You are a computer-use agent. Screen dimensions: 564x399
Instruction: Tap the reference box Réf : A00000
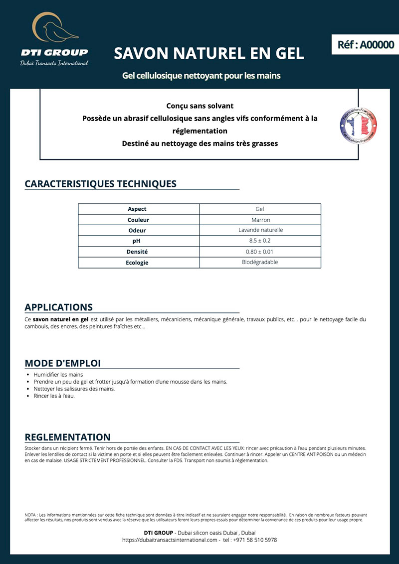[x=366, y=44]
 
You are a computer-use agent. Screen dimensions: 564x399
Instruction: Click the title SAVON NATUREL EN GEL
[x=208, y=53]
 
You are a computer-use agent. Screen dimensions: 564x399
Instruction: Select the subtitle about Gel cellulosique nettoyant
[x=201, y=76]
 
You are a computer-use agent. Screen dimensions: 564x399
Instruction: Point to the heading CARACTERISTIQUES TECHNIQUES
[x=100, y=183]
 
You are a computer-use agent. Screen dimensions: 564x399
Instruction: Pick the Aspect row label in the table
[x=137, y=209]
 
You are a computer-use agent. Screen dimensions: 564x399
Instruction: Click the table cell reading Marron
[x=260, y=220]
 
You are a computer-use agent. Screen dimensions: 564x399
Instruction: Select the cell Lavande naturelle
[x=260, y=230]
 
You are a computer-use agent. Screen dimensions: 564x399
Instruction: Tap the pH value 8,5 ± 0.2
[x=260, y=241]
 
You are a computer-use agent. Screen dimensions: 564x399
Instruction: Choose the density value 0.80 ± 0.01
[x=259, y=252]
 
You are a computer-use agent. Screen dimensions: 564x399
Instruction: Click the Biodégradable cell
[x=260, y=262]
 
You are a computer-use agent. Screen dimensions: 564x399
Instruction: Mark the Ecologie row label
[x=137, y=263]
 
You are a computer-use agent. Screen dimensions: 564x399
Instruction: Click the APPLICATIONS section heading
[x=58, y=307]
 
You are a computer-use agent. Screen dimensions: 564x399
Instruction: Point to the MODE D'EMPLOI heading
[x=62, y=363]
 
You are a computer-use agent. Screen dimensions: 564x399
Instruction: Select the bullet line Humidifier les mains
[x=58, y=374]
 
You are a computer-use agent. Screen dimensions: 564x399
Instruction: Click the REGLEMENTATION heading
[x=67, y=437]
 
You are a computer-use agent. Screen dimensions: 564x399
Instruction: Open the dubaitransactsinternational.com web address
[x=170, y=540]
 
